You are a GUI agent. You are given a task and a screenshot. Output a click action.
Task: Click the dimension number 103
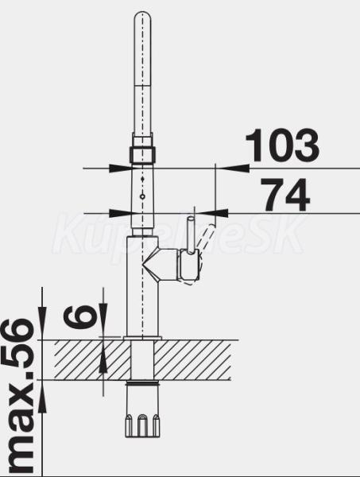282,145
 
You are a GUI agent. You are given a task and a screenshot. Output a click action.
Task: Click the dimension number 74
285,195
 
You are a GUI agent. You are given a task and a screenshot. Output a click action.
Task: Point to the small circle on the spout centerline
142,197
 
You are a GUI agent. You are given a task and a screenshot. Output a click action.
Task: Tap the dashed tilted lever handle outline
204,240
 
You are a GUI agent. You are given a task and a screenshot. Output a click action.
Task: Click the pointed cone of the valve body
150,266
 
